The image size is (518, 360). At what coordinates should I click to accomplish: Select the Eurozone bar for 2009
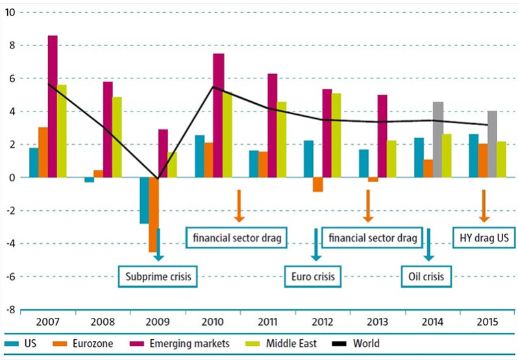pyautogui.click(x=153, y=214)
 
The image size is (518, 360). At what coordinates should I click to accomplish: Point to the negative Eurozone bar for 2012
pyautogui.click(x=317, y=184)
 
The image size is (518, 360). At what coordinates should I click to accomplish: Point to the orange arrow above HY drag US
pyautogui.click(x=483, y=206)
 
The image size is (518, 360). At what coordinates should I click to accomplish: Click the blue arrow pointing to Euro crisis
pyautogui.click(x=316, y=244)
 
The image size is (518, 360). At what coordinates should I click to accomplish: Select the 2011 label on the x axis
pyautogui.click(x=267, y=322)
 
